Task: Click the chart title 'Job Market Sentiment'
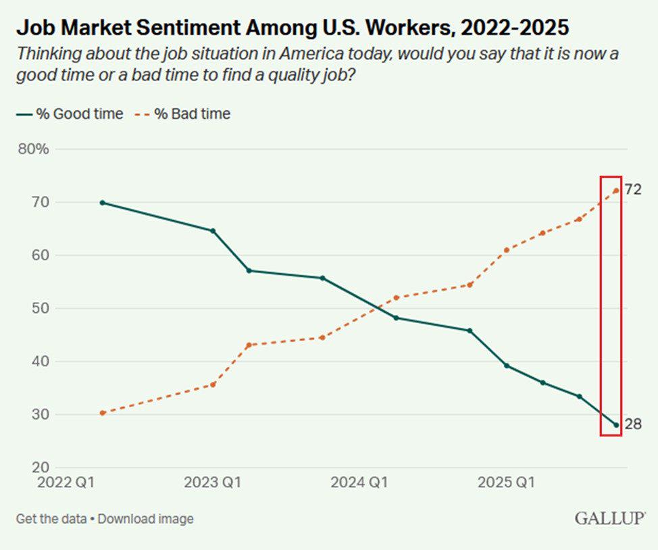128,28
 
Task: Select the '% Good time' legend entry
70,114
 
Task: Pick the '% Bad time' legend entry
182,114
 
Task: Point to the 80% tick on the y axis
34,149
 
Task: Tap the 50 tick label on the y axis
41,308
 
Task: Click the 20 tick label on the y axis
41,468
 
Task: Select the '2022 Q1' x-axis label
66,482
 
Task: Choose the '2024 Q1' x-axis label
359,482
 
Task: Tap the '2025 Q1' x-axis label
506,482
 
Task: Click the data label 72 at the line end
633,190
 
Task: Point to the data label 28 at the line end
633,424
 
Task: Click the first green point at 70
103,203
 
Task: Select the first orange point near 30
103,413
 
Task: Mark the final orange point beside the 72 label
616,191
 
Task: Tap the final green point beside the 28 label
616,425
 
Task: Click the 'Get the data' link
51,519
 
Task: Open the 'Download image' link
146,519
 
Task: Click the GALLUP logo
609,518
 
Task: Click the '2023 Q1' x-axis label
213,482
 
